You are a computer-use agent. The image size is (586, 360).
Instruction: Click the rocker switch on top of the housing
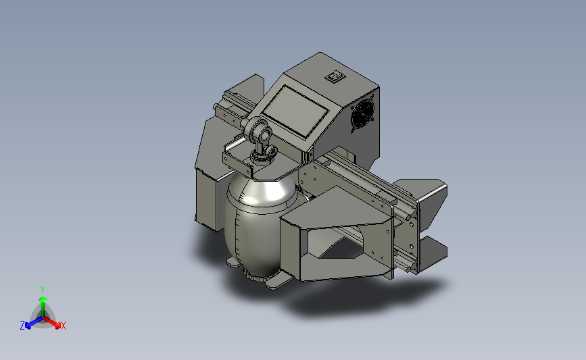click(335, 76)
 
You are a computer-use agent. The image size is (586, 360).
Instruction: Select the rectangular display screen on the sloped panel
click(295, 111)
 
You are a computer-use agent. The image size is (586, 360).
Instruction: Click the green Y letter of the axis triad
click(42, 290)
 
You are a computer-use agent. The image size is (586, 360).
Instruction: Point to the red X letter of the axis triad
click(63, 326)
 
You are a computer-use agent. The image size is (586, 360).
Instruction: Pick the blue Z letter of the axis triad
click(22, 326)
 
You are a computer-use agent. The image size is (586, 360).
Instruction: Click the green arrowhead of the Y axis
click(43, 299)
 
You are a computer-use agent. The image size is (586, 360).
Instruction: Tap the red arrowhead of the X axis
click(57, 326)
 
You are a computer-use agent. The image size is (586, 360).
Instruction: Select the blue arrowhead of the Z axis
click(28, 326)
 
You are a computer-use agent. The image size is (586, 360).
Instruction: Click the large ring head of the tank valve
click(258, 128)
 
